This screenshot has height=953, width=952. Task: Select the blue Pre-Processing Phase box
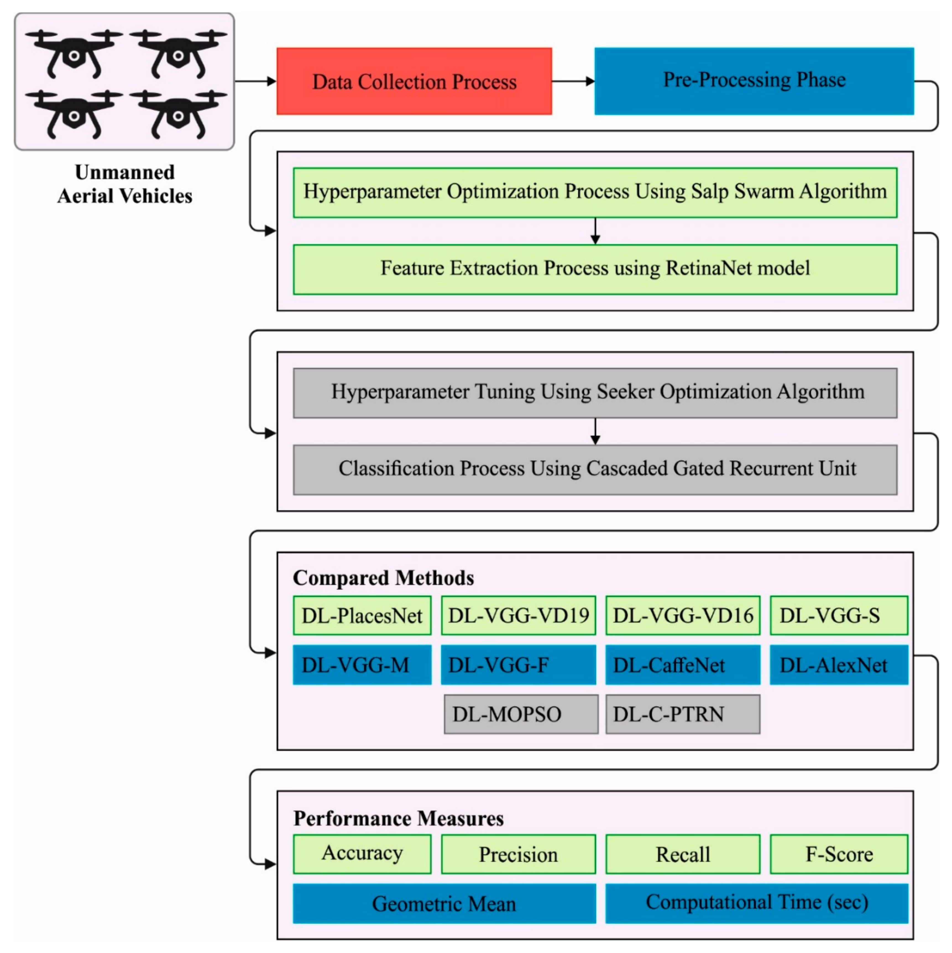tap(754, 81)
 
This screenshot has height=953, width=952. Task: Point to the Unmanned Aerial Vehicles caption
tap(125, 184)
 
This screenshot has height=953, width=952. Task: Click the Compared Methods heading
tap(383, 578)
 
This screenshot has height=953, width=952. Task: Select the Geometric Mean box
tap(444, 903)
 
